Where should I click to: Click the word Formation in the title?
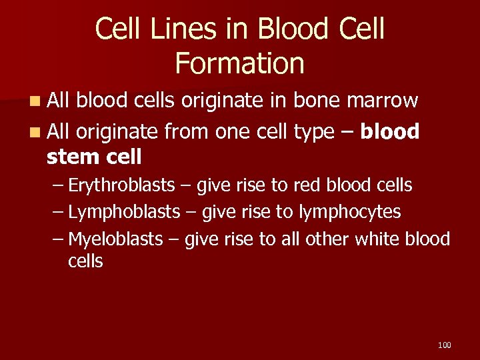click(x=239, y=63)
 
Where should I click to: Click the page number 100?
click(x=445, y=345)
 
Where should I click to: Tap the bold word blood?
click(x=390, y=132)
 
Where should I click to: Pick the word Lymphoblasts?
click(x=124, y=212)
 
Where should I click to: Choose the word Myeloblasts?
click(x=115, y=239)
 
